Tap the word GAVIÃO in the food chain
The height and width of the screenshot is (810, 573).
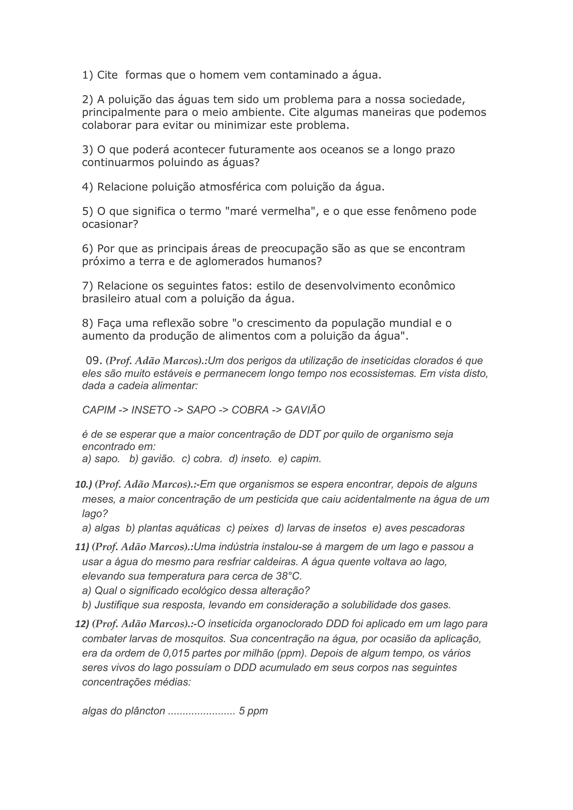[305, 410]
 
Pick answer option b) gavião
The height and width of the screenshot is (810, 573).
[152, 459]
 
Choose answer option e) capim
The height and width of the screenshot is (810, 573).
[300, 459]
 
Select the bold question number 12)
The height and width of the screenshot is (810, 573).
[82, 624]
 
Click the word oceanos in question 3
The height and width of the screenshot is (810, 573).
[342, 150]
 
